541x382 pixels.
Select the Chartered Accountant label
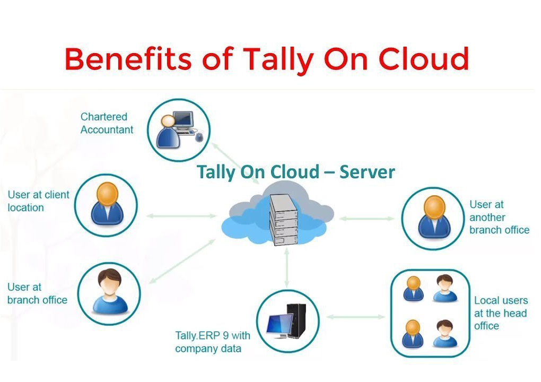tap(107, 123)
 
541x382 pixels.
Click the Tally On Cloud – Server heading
tap(295, 172)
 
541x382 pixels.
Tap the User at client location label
tap(38, 201)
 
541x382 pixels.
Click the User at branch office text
tap(37, 293)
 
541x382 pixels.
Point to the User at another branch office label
tap(499, 217)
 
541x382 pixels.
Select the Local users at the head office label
tap(500, 313)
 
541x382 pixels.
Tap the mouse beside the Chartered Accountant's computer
tap(199, 137)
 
